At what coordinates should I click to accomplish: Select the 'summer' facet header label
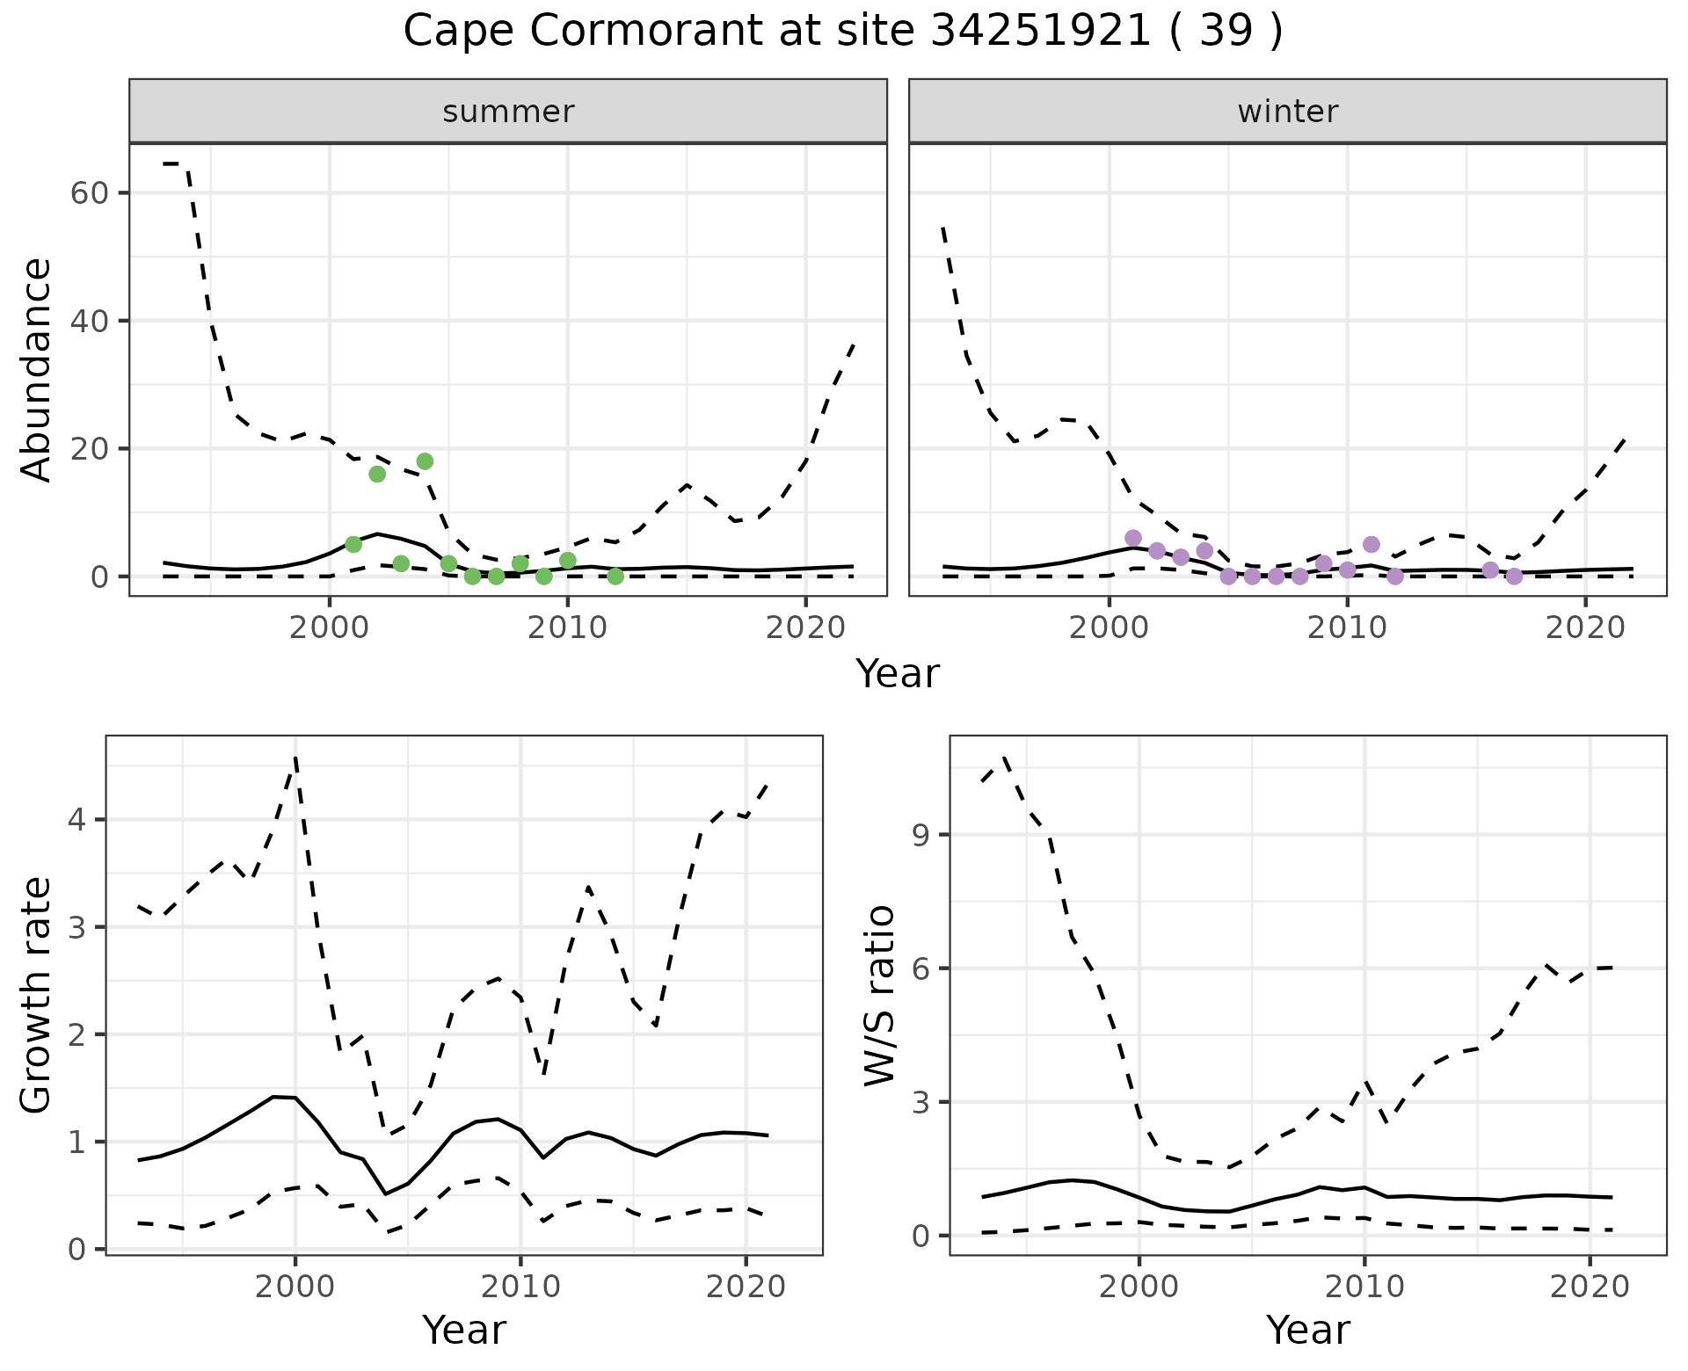click(x=508, y=112)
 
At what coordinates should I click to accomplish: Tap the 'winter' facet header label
click(x=1287, y=112)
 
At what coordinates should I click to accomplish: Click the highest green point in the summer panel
click(x=425, y=461)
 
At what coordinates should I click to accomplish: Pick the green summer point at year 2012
click(x=615, y=577)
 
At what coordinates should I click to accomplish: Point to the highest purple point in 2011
click(x=1371, y=545)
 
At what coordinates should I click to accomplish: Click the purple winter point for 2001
click(x=1133, y=538)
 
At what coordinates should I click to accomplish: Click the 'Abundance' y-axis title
click(x=37, y=369)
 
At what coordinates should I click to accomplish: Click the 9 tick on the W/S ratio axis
click(x=921, y=834)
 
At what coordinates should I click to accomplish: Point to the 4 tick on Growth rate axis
click(x=78, y=820)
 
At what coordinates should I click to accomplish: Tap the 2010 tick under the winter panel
click(x=1346, y=627)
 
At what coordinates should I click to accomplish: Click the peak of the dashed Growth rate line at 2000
click(x=295, y=757)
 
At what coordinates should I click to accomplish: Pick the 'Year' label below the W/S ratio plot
click(x=1307, y=1331)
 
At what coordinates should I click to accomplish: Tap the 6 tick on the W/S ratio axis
click(x=921, y=968)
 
